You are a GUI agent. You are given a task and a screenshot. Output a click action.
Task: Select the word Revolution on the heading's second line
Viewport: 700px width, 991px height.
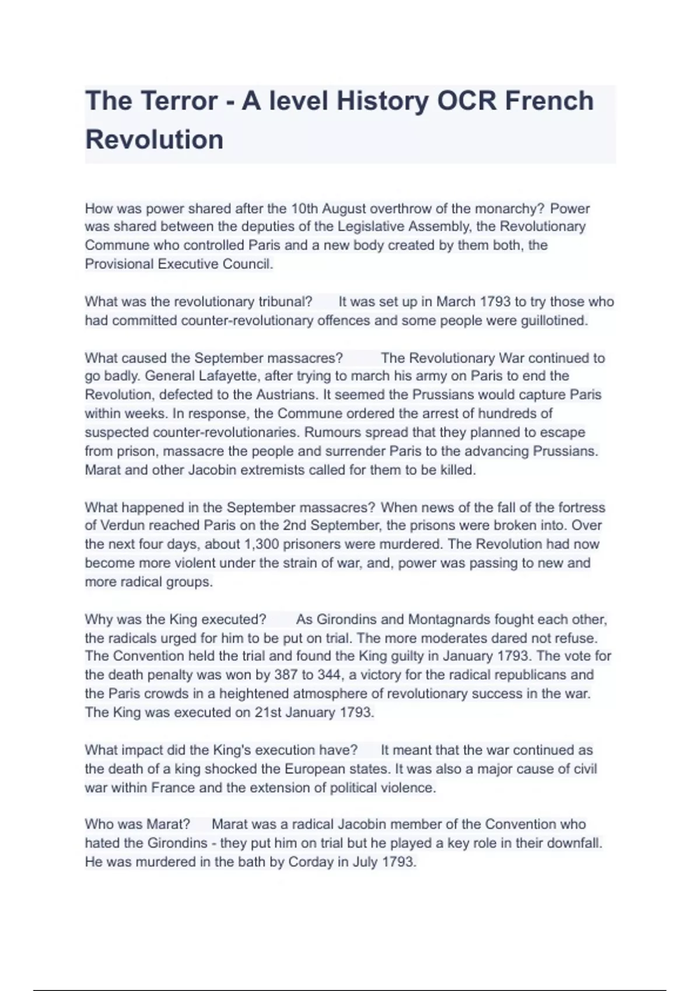pyautogui.click(x=154, y=140)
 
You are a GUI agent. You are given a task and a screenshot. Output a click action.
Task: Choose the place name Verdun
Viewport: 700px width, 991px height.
pyautogui.click(x=123, y=525)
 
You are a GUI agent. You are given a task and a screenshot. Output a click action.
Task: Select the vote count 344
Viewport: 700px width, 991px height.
pyautogui.click(x=329, y=675)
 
